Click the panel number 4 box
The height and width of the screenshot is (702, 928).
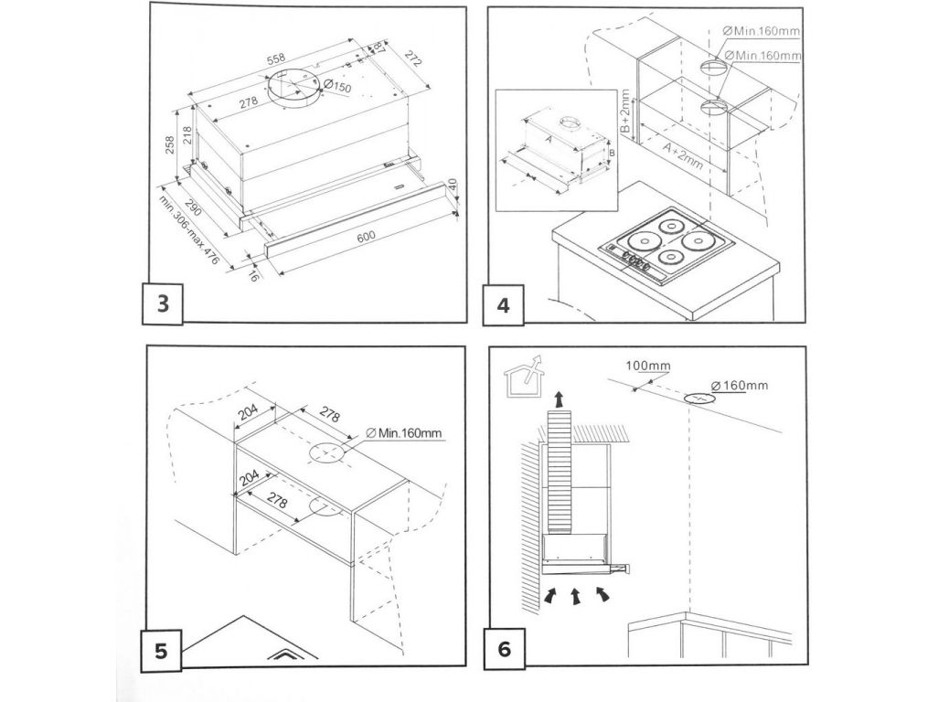pos(504,304)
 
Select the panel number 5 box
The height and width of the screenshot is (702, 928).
pos(162,652)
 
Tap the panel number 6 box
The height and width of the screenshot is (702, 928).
pos(504,652)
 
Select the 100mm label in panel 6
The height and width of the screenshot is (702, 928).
pos(647,367)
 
